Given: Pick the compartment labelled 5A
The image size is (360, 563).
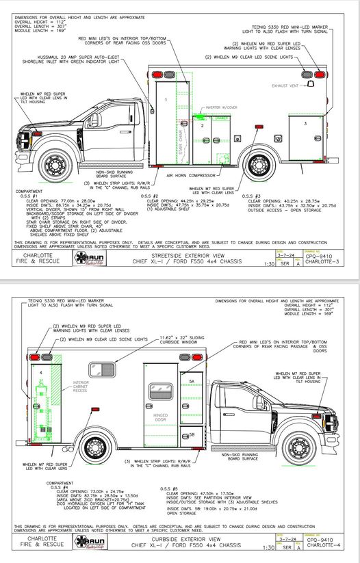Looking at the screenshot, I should (x=193, y=380).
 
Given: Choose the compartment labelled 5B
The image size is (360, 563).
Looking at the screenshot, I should (x=192, y=434).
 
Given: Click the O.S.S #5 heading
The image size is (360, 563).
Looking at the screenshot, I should (x=169, y=488).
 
